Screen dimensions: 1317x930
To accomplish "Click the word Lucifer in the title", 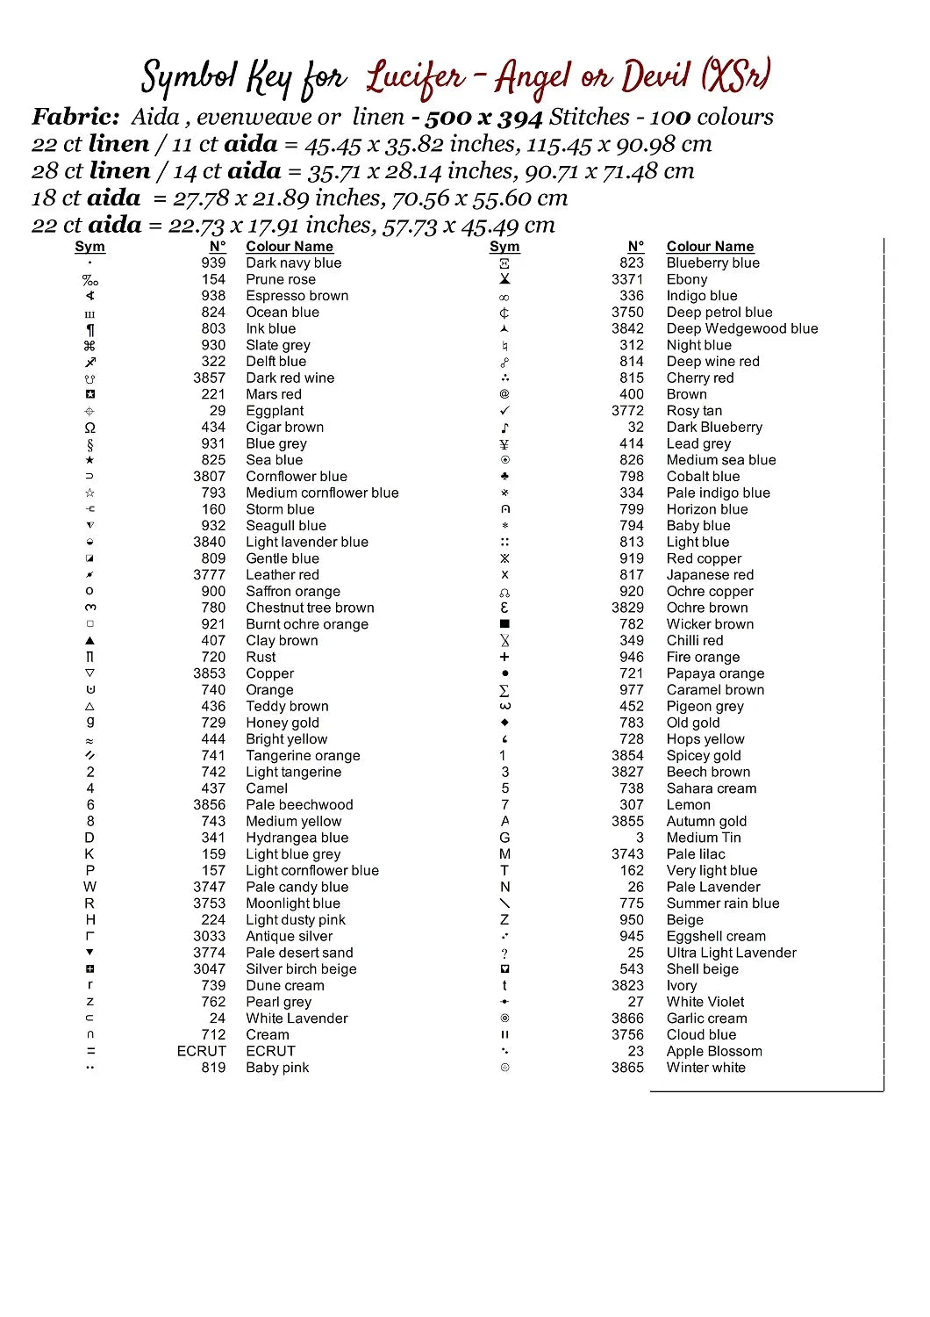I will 416,77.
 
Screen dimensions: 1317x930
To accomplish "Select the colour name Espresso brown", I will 297,296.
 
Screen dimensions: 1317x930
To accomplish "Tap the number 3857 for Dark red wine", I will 209,378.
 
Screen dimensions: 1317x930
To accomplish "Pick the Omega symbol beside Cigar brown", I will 89,428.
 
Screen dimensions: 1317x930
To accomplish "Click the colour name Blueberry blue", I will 712,263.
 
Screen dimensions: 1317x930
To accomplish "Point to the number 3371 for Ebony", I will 627,279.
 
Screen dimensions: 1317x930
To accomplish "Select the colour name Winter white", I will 705,1068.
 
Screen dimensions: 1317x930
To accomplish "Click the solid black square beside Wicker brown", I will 504,624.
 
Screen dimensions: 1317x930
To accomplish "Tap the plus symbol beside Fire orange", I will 504,657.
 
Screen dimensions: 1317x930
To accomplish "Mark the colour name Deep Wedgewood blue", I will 741,329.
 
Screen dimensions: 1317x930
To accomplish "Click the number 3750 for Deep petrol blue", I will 627,313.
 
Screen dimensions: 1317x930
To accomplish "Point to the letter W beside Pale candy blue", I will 89,887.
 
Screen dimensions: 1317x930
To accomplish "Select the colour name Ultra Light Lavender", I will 731,953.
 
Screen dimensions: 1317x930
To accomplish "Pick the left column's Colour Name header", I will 289,247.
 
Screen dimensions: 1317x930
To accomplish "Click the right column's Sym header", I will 504,247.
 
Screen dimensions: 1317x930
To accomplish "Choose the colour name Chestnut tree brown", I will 310,608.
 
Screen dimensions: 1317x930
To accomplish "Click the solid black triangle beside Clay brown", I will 89,641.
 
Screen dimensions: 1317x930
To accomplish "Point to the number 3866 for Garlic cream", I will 627,1018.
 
